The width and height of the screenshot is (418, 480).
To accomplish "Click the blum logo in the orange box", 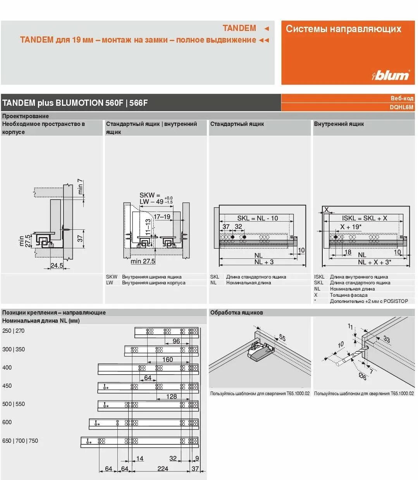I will click(x=390, y=75).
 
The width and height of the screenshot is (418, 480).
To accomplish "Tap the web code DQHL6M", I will click(x=401, y=107).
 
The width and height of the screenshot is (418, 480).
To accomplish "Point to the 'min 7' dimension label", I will click(x=80, y=187).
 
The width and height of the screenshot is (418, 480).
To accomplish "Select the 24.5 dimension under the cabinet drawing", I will click(x=57, y=265).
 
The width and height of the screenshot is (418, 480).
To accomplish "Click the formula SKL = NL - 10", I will click(x=258, y=218).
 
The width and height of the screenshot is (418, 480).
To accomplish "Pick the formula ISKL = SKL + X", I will click(x=364, y=218).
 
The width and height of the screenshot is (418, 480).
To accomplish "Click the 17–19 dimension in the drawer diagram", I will click(x=162, y=217).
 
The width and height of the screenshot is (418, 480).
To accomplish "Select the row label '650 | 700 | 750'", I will click(x=20, y=440).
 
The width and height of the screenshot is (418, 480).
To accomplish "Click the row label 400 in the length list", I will click(x=7, y=367).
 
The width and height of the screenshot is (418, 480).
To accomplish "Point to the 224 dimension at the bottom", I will click(x=163, y=468).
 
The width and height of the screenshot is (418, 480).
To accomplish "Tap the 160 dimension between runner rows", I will click(x=167, y=360).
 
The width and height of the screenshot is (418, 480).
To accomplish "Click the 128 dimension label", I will click(x=171, y=396).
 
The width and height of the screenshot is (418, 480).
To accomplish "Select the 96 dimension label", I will click(x=176, y=341).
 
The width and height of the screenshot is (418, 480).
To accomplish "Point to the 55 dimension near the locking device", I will click(x=282, y=338).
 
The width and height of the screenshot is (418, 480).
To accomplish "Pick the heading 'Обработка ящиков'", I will click(x=236, y=313).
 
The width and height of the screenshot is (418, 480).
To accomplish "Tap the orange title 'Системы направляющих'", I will click(x=343, y=29).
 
